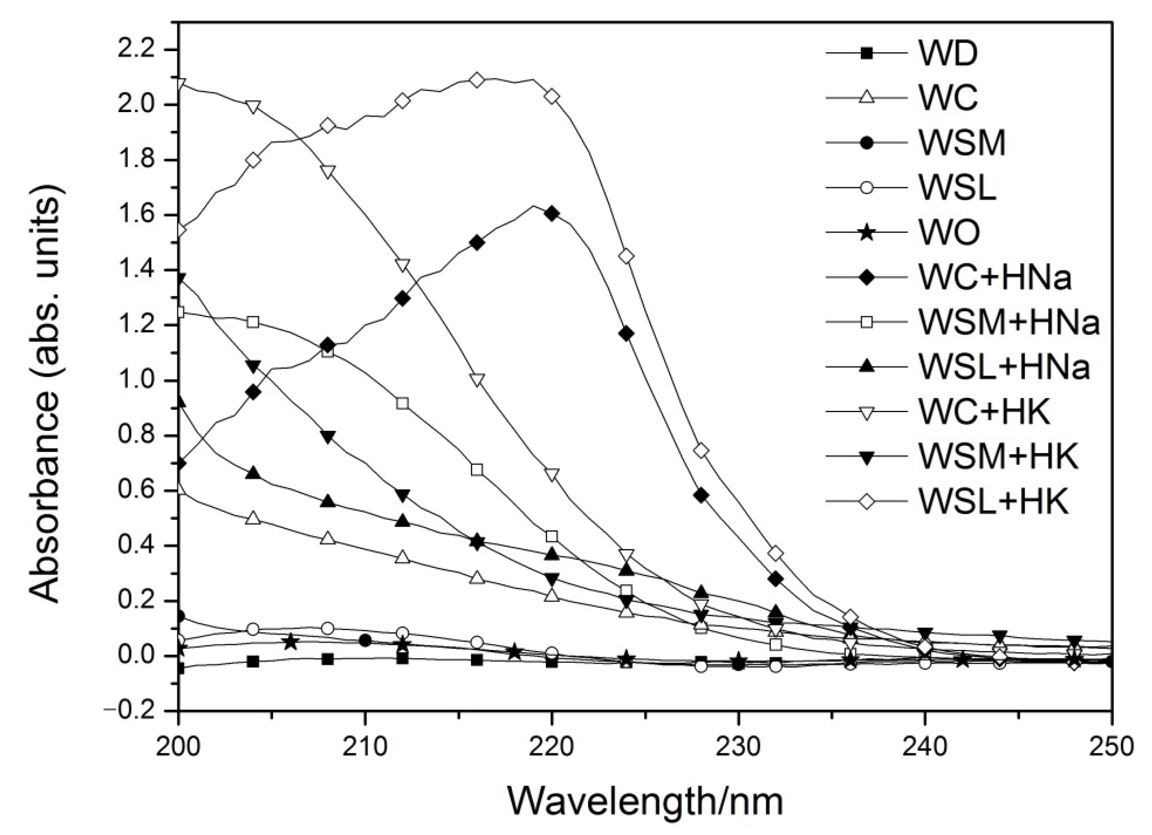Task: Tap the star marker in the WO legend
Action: (867, 233)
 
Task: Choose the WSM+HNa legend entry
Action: (1008, 322)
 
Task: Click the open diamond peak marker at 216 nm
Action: (476, 80)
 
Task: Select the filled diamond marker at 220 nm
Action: (552, 213)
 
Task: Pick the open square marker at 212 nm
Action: (402, 404)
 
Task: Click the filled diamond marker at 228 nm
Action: (701, 496)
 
